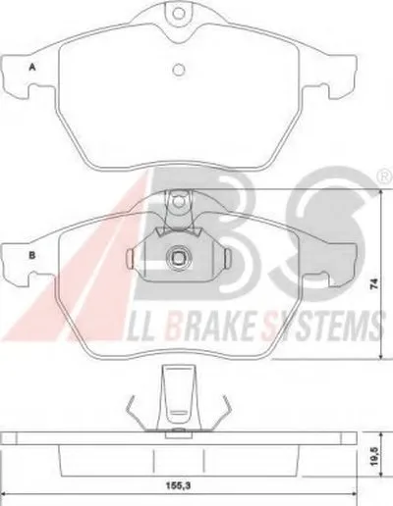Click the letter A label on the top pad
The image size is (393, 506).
(x=32, y=68)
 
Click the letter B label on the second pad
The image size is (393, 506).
(x=32, y=255)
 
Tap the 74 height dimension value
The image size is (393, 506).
(x=374, y=283)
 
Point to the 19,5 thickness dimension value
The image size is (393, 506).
(x=375, y=457)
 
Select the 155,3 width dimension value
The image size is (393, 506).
(x=179, y=485)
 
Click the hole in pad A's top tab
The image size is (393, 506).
(x=179, y=13)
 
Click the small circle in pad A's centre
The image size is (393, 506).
(x=179, y=70)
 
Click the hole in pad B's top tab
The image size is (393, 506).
(x=179, y=201)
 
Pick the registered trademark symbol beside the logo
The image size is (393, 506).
(x=387, y=177)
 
